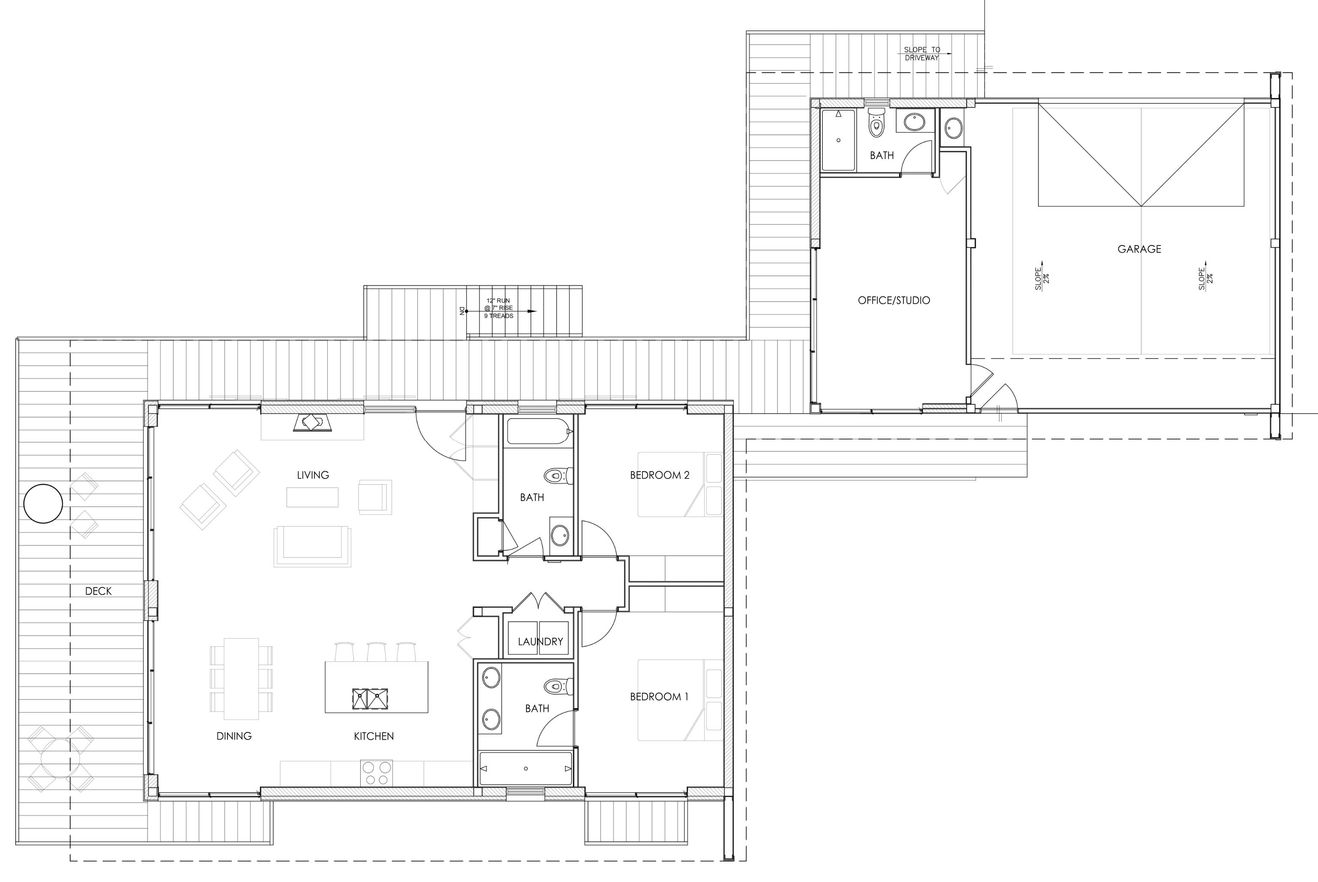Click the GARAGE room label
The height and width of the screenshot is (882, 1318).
[1139, 248]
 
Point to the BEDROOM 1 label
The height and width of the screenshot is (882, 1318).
[659, 697]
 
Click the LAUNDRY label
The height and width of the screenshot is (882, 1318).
[540, 642]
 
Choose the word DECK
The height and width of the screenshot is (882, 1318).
[99, 591]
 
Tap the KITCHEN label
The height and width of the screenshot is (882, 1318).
[374, 736]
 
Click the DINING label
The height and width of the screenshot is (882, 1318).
[234, 736]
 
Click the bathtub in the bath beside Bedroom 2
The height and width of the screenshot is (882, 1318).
[539, 431]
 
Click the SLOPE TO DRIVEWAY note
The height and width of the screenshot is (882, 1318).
[922, 54]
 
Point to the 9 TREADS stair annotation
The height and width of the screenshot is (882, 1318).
[499, 316]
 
